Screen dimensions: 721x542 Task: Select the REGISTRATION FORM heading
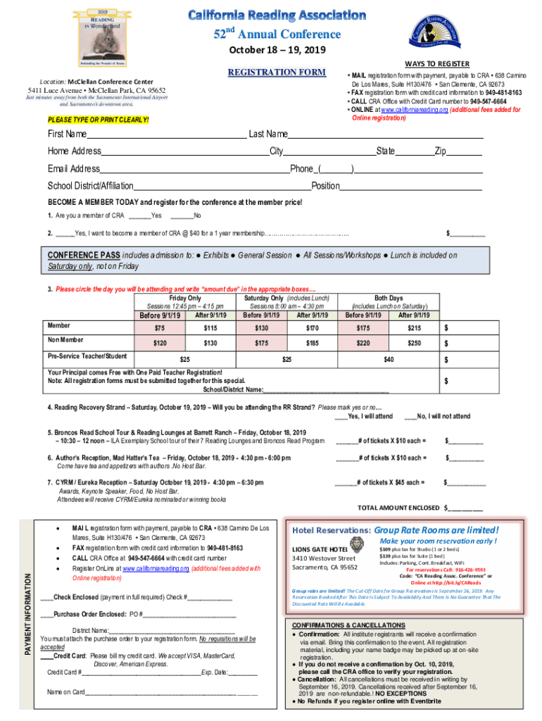(x=277, y=73)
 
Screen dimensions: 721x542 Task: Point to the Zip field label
(x=441, y=151)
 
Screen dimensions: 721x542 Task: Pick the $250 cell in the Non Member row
(x=414, y=343)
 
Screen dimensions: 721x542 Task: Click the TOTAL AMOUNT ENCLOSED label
(x=399, y=507)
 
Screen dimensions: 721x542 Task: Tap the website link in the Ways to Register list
(x=410, y=110)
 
